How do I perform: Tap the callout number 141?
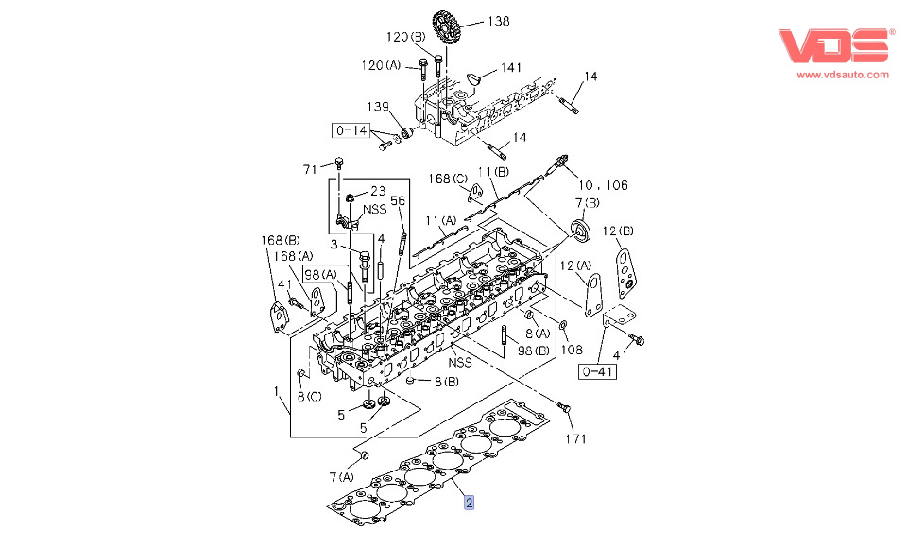(511, 67)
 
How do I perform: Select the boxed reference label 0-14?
(351, 131)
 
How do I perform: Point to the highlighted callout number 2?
(470, 504)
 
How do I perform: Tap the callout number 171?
(576, 438)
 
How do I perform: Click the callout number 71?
(310, 170)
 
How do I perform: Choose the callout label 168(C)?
(448, 179)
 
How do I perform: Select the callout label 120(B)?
(406, 37)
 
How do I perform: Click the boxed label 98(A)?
(320, 274)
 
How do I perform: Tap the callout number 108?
(573, 350)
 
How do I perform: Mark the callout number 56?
(398, 200)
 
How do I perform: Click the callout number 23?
(377, 191)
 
